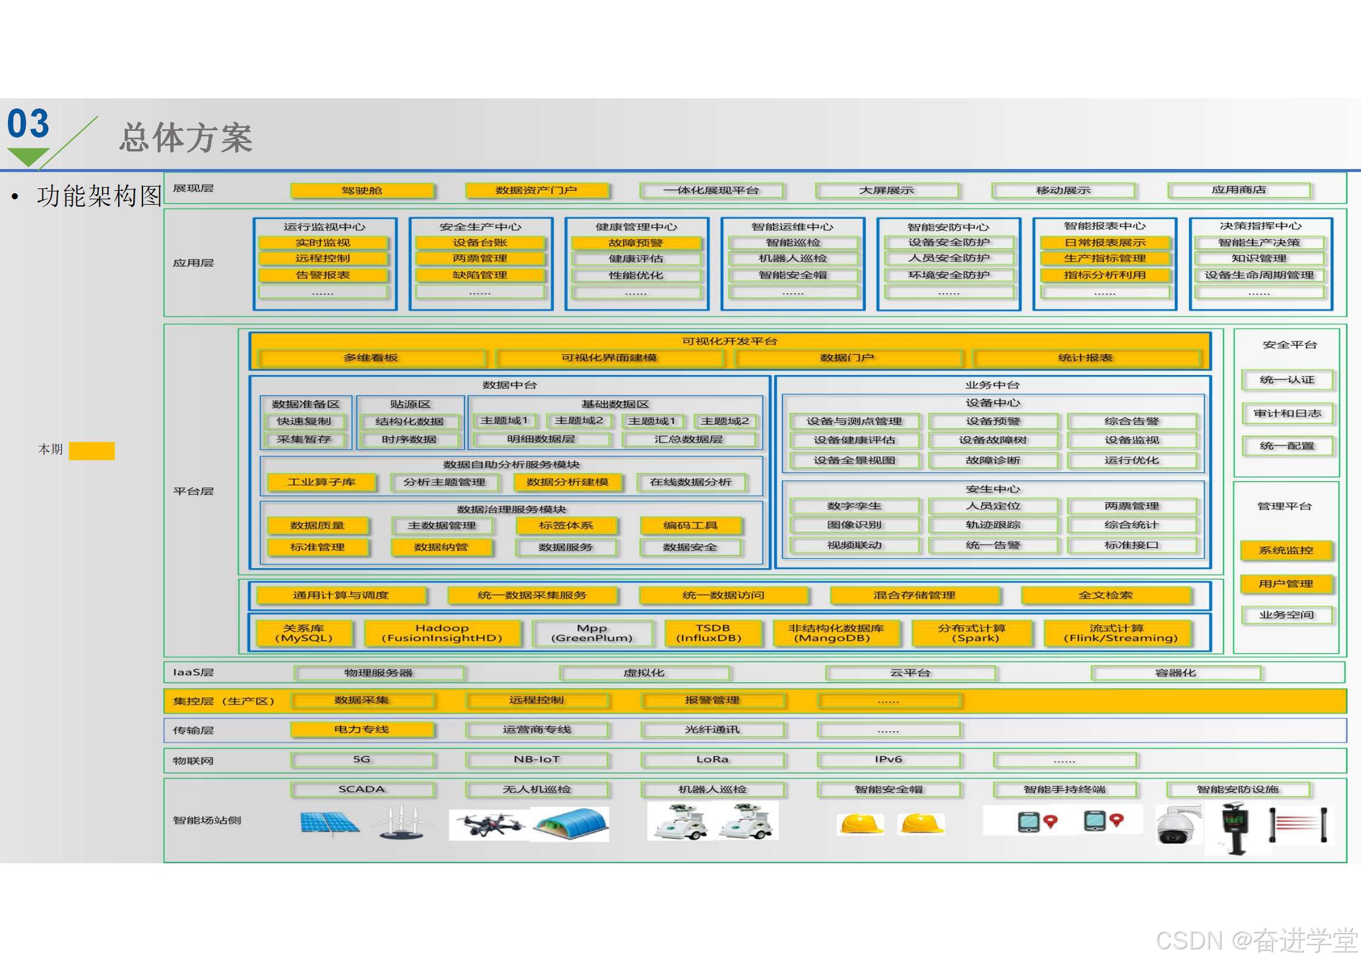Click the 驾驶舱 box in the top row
[362, 191]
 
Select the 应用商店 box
[1239, 190]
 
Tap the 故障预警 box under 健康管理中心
[635, 243]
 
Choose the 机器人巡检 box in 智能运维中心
[792, 259]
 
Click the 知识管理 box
[1259, 259]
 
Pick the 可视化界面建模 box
[609, 358]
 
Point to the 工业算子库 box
[321, 482]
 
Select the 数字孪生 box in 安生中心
[854, 506]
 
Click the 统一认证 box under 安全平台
[1286, 380]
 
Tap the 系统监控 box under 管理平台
[1286, 550]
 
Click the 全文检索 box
[1105, 595]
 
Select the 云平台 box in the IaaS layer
[909, 672]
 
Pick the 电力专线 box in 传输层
[362, 729]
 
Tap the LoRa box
[712, 760]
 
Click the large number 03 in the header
[28, 124]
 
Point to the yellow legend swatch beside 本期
[92, 451]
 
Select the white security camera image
[1177, 825]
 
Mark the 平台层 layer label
[193, 491]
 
